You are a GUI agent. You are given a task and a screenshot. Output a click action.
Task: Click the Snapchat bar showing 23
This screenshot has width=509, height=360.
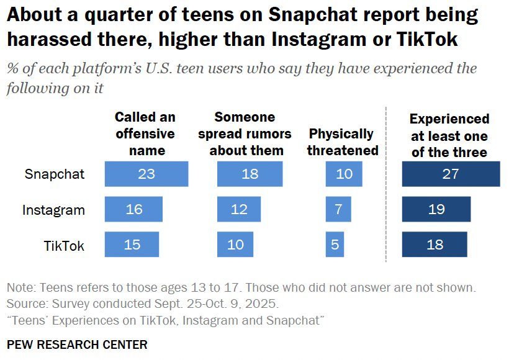[146, 174]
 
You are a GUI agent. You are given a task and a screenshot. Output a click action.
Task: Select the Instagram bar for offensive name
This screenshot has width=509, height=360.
[134, 209]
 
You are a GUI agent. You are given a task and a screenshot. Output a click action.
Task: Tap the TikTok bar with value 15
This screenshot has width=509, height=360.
[132, 245]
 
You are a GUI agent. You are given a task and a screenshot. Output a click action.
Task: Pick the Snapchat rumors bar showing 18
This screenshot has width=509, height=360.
[250, 174]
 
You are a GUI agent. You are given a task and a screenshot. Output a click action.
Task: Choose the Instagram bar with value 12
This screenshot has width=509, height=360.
[239, 209]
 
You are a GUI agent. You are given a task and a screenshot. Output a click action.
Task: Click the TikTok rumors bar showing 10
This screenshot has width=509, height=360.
[235, 245]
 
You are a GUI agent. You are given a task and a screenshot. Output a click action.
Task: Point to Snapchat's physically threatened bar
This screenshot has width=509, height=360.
[344, 174]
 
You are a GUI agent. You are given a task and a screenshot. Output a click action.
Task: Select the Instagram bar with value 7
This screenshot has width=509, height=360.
[338, 209]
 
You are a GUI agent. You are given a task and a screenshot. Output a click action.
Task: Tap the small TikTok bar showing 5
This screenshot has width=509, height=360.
[335, 245]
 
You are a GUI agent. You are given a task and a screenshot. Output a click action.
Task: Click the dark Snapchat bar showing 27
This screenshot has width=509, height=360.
[451, 174]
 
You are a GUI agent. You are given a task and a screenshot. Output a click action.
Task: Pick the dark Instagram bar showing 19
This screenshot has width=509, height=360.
[436, 209]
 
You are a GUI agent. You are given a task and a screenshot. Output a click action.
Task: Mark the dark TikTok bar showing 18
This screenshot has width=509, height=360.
[435, 245]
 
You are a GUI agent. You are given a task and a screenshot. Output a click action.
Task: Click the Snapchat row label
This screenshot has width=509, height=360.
[55, 174]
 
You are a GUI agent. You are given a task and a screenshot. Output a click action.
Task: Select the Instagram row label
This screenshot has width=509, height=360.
[53, 210]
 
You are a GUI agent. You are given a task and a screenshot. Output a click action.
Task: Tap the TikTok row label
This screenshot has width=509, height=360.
[64, 245]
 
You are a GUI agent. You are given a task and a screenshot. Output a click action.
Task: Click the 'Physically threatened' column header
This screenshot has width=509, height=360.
[342, 142]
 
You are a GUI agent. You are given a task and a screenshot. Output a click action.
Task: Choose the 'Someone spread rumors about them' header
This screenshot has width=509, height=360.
[246, 133]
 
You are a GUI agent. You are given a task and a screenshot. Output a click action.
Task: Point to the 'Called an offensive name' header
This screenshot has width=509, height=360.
[145, 133]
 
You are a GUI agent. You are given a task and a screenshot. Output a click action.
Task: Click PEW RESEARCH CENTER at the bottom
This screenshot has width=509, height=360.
[77, 344]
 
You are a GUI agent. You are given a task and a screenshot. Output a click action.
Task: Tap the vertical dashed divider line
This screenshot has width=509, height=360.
[386, 186]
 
